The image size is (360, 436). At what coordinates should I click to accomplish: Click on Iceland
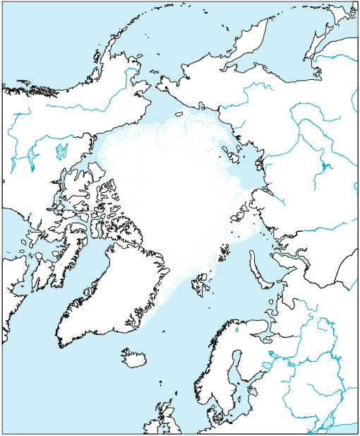(133, 357)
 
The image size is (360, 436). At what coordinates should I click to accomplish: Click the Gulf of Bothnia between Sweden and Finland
(238, 371)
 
